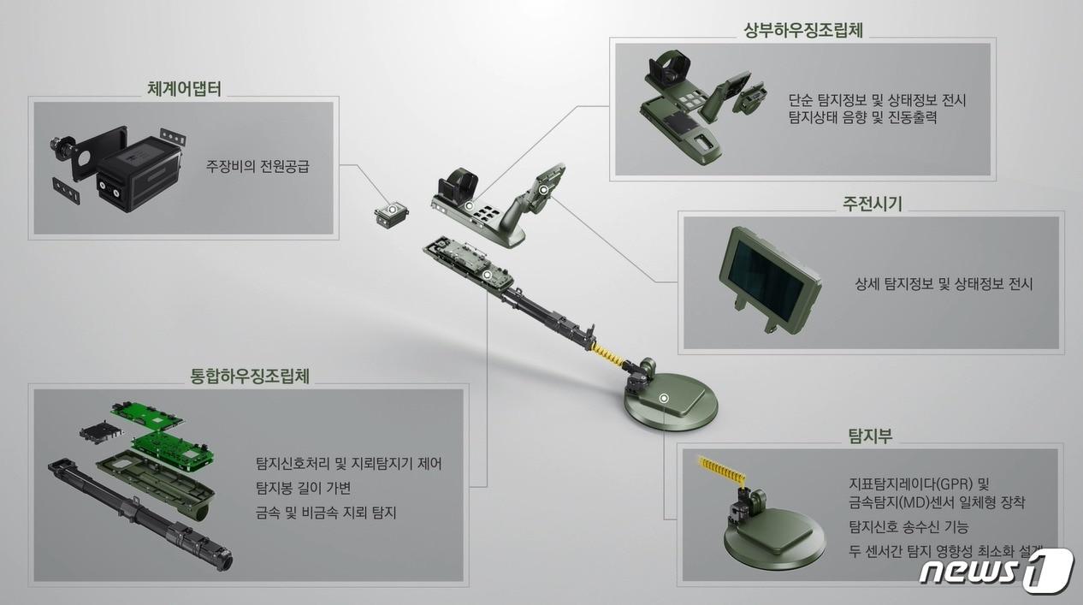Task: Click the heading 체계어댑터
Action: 184,88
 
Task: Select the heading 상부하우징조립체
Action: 803,30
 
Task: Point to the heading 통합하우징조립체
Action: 250,376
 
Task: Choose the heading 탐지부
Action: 869,436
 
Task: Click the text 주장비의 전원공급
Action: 257,166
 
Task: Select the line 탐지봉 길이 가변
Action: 303,489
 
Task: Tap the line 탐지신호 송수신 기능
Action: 908,526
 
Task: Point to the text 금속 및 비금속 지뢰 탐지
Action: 326,513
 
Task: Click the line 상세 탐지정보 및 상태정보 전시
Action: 944,284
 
